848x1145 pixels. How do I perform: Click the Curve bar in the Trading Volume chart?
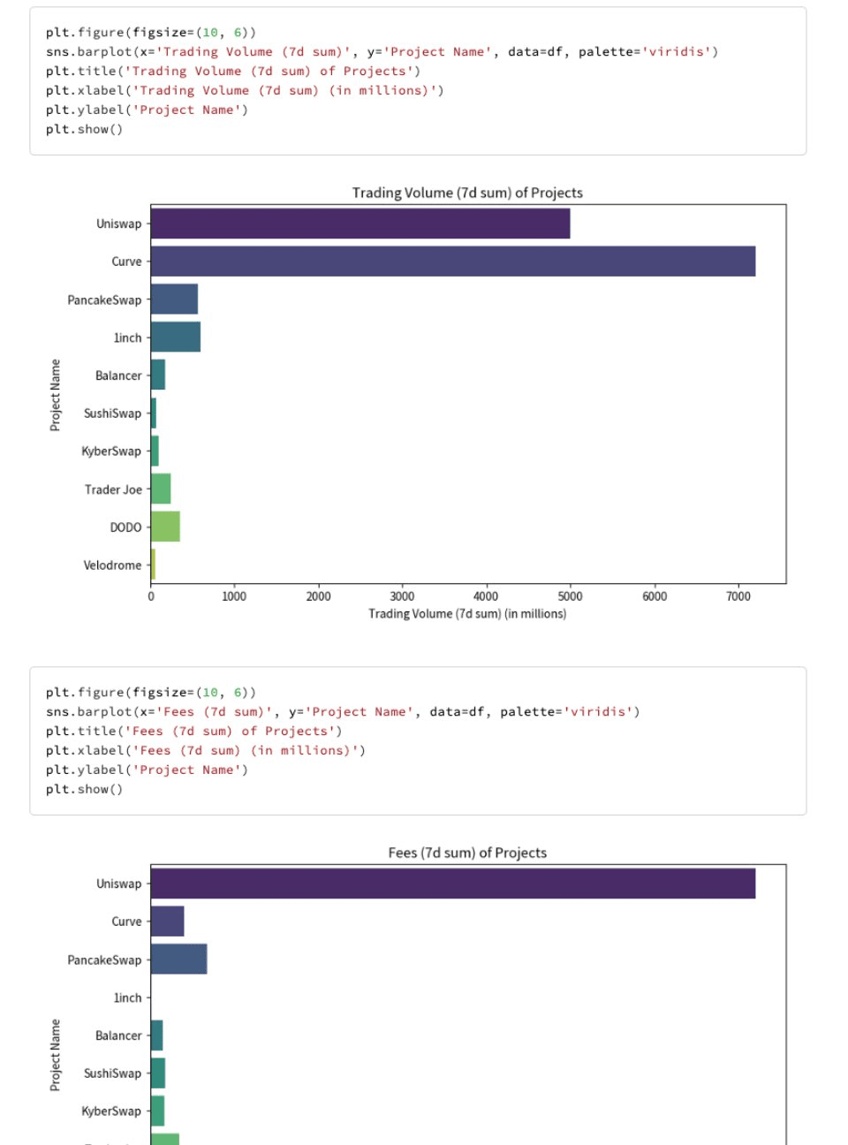point(452,262)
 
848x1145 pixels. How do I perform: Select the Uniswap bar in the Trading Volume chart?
point(360,224)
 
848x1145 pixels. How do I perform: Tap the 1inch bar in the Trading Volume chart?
point(175,337)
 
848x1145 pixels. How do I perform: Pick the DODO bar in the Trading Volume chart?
point(165,527)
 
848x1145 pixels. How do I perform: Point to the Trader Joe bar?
point(161,489)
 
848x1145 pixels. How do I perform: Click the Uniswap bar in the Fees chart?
point(452,883)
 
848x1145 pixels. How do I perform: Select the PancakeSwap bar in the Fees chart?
point(178,959)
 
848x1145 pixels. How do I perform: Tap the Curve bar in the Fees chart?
point(167,921)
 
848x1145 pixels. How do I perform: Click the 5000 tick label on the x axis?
point(570,596)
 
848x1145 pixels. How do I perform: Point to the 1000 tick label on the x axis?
point(234,596)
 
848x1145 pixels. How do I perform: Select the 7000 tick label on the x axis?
point(738,596)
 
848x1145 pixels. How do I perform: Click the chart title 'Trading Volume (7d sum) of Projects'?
point(467,193)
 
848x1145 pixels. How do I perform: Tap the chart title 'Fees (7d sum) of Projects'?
point(467,853)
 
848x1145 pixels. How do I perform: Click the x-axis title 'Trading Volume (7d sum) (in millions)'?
point(467,614)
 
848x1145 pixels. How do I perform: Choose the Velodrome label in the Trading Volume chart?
point(112,565)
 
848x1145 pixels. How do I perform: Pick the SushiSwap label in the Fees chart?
point(112,1073)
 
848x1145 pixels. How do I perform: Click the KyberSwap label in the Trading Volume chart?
point(111,451)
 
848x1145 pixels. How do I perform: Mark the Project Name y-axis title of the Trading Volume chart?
point(56,395)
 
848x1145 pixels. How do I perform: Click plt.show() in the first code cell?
point(84,129)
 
